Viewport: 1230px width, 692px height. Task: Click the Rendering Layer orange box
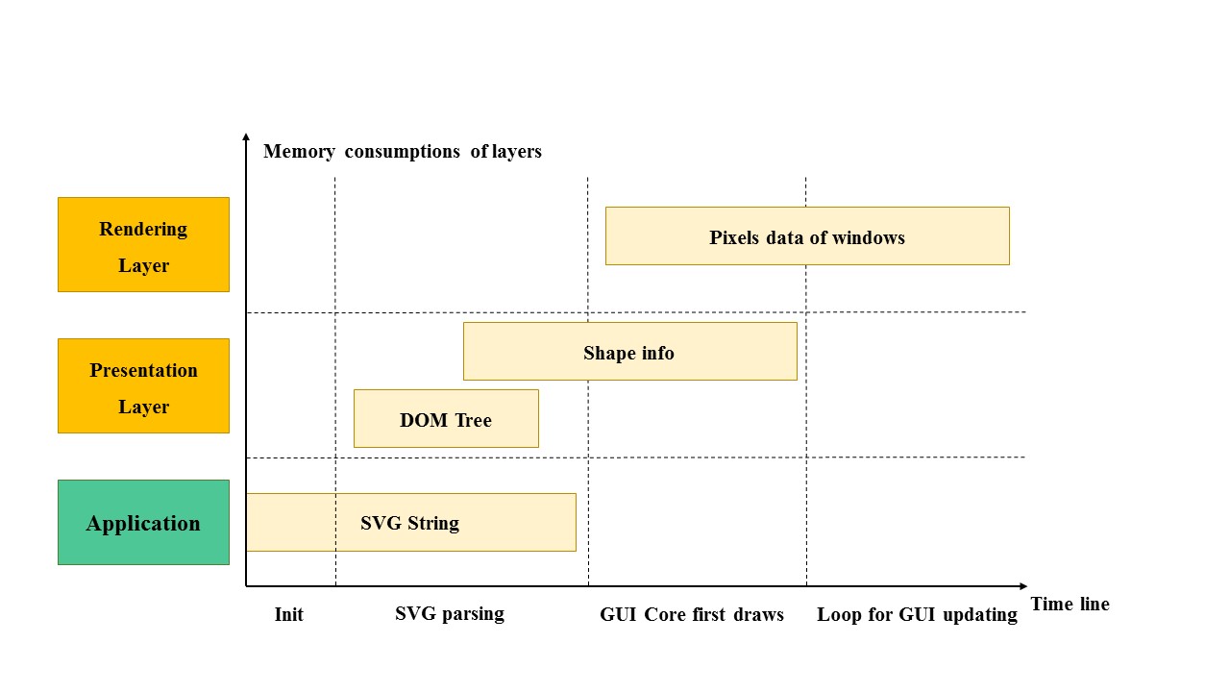click(x=143, y=244)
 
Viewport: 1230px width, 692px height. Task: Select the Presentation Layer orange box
click(x=143, y=385)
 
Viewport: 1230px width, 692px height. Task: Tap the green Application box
click(x=143, y=522)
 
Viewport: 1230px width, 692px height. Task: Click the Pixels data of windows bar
click(x=807, y=235)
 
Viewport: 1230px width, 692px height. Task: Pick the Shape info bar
click(x=629, y=351)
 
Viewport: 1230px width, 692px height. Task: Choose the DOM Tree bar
click(x=446, y=418)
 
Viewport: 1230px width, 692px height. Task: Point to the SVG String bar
click(x=410, y=522)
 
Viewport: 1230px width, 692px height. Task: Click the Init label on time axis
click(x=288, y=614)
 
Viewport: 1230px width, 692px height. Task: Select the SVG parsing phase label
click(x=450, y=613)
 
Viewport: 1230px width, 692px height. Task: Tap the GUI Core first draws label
click(x=692, y=614)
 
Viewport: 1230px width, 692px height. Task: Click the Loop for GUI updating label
click(x=917, y=614)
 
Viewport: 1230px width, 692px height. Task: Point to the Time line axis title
click(x=1070, y=604)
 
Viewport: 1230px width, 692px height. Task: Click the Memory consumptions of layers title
click(x=403, y=151)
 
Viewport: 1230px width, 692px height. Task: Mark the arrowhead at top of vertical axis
click(x=246, y=137)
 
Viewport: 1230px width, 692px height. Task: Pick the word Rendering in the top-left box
click(x=143, y=229)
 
